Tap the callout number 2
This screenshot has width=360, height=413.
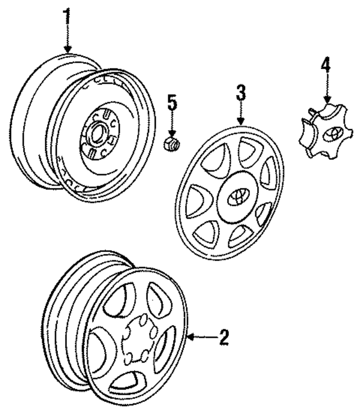(223, 337)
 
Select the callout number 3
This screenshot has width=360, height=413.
(241, 93)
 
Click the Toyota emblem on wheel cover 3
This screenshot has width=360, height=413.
(236, 197)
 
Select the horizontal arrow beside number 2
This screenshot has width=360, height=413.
(198, 337)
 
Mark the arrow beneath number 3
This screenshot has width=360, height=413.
(241, 115)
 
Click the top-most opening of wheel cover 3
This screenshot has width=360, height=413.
(248, 151)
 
